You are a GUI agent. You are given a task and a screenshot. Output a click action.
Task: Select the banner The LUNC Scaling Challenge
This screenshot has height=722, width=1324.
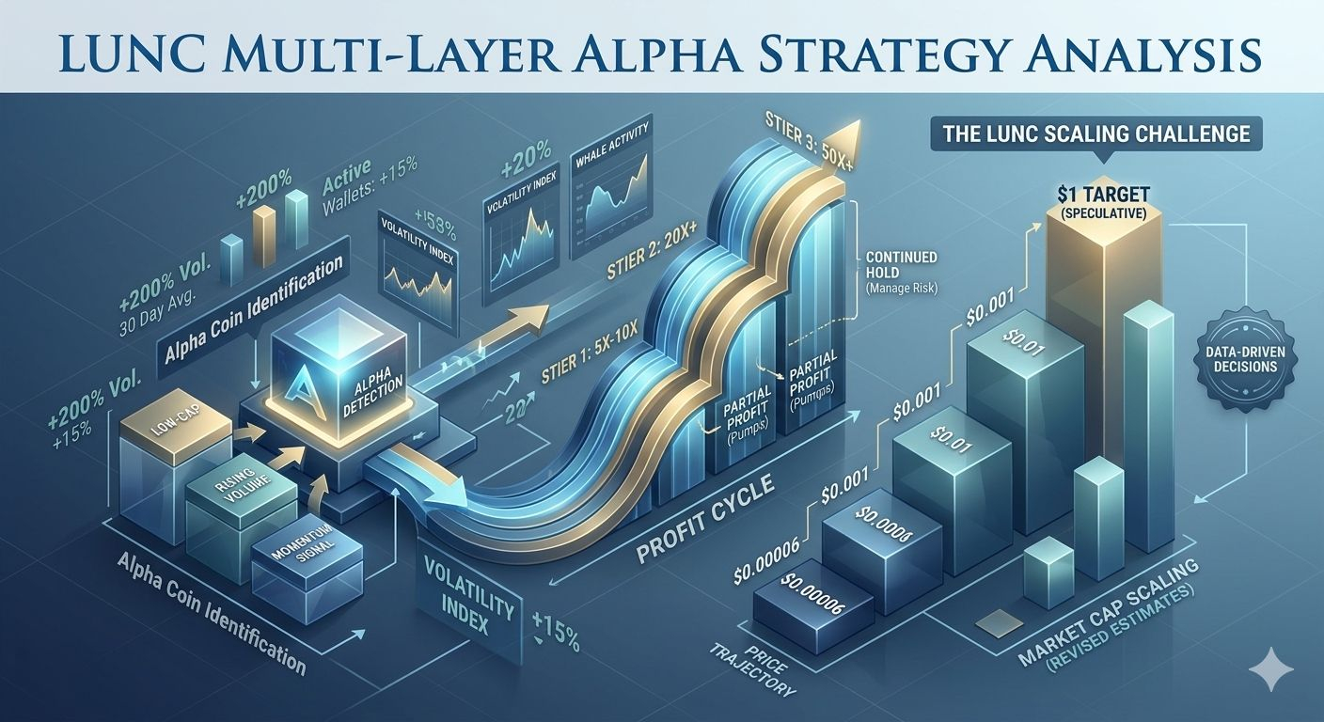coord(1095,133)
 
